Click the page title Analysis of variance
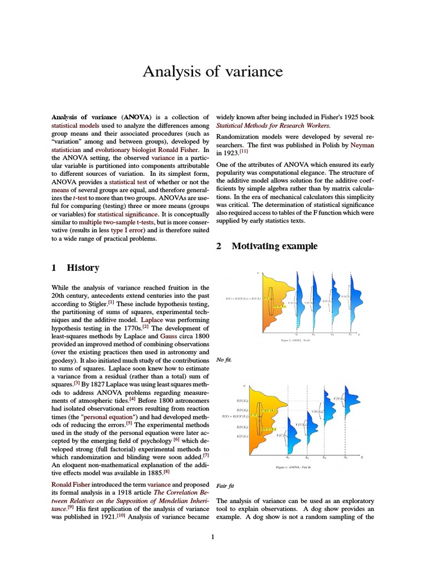213,72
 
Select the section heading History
83,267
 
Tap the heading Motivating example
274,246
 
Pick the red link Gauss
168,336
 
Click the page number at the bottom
212,537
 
